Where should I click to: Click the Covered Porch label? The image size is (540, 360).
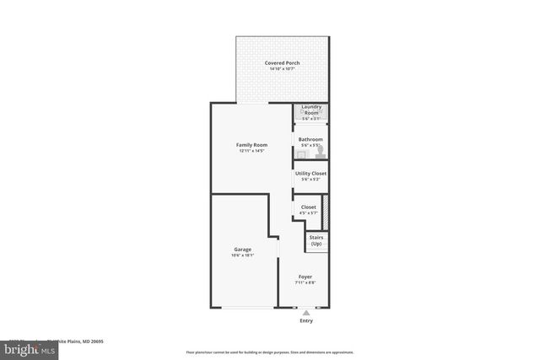pos(282,62)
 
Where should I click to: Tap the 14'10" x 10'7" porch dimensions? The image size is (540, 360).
pos(282,68)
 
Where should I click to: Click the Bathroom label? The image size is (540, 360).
pos(310,139)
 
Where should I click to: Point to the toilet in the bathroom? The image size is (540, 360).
pos(320,153)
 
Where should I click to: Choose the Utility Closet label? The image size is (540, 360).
pos(310,173)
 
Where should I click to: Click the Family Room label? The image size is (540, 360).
pos(251,145)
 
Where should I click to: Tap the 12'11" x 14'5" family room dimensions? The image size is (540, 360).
pos(251,151)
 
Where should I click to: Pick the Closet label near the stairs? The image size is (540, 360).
pos(308,207)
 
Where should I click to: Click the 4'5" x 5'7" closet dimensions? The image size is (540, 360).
pos(308,212)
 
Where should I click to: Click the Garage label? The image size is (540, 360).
pos(243,249)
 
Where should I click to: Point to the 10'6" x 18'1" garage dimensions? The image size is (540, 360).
pos(243,255)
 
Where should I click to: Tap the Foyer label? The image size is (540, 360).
pos(306,277)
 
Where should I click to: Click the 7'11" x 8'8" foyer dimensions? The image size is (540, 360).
pos(306,282)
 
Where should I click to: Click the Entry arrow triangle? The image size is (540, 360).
pos(306,313)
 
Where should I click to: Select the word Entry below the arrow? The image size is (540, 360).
pos(306,321)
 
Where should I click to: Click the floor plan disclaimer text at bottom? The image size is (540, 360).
pos(269,352)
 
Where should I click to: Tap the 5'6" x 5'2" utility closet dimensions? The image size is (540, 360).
pos(310,179)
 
